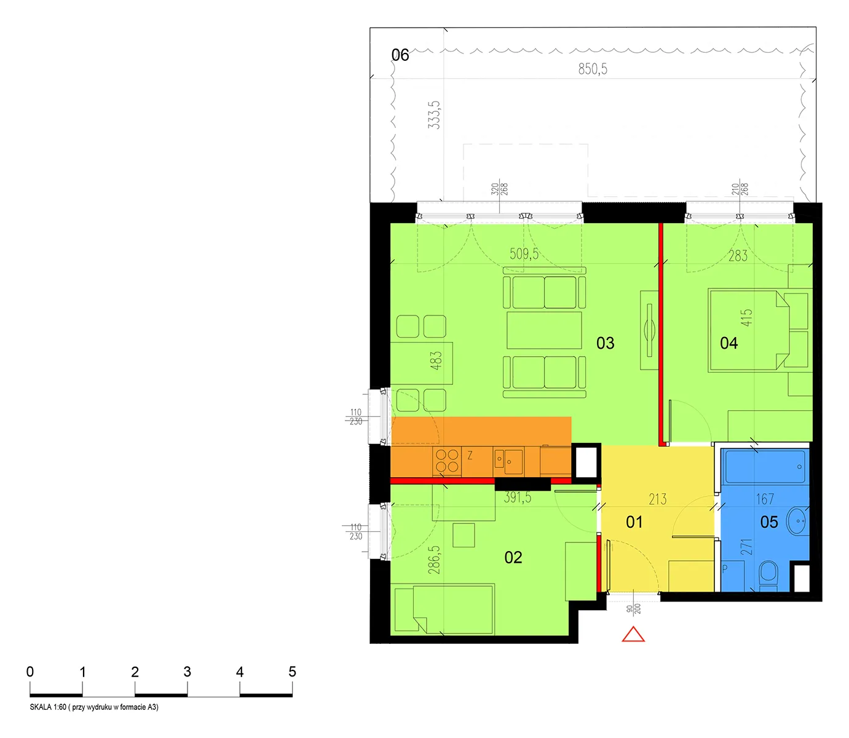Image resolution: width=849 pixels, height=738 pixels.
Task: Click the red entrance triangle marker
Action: [633, 635]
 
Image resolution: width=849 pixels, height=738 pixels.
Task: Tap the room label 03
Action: [605, 343]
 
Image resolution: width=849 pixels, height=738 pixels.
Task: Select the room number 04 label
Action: [729, 343]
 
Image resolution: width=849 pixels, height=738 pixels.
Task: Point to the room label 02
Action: [513, 557]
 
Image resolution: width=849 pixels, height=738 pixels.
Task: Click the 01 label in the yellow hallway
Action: [634, 522]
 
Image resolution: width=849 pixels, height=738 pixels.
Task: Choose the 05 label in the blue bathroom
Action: [769, 522]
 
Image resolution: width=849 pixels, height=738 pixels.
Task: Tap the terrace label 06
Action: [400, 55]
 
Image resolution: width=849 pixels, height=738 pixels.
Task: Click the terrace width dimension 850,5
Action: [593, 69]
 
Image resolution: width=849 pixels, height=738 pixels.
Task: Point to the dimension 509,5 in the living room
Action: [524, 253]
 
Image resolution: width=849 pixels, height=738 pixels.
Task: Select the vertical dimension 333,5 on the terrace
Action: [434, 115]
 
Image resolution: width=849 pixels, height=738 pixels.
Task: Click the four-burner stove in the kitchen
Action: [446, 461]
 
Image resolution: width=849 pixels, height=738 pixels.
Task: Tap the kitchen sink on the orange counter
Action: [508, 461]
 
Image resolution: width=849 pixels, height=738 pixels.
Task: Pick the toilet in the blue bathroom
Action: [768, 575]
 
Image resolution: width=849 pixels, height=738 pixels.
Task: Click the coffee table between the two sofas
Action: [544, 330]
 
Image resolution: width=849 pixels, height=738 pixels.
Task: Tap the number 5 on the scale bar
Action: [292, 672]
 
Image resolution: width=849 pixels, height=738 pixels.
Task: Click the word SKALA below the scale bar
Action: [41, 707]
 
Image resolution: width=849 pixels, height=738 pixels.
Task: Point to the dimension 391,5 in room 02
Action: [517, 498]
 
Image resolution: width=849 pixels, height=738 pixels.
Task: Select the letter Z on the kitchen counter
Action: [470, 455]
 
